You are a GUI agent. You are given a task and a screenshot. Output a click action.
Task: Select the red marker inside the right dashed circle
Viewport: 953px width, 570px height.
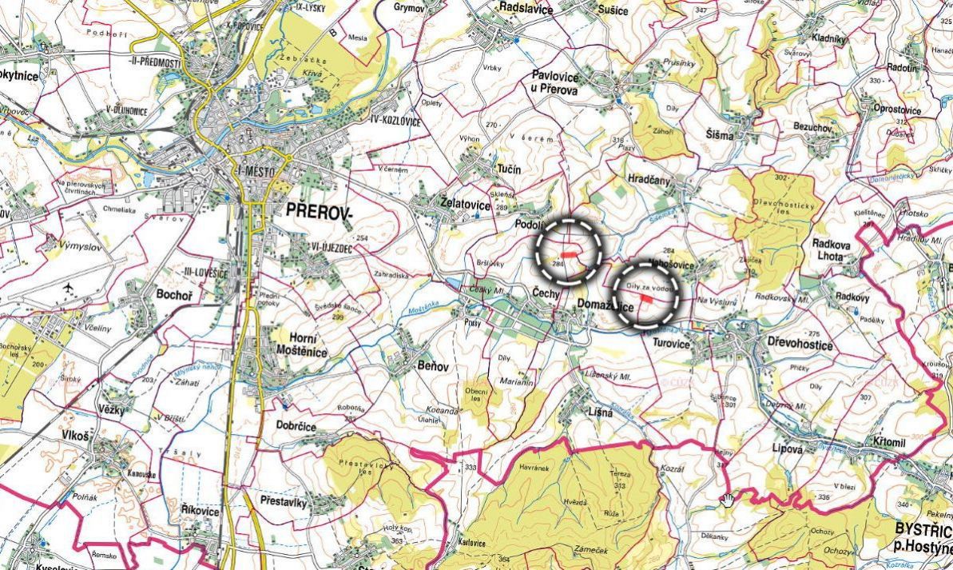coord(645,296)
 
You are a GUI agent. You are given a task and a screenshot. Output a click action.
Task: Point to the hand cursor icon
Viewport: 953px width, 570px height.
coord(727,500)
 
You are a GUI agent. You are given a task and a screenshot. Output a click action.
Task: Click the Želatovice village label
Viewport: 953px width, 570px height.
coord(465,204)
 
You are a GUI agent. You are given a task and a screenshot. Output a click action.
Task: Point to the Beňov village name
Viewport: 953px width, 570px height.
coord(433,366)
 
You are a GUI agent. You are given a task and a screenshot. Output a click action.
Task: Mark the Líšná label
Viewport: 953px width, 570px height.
coord(599,413)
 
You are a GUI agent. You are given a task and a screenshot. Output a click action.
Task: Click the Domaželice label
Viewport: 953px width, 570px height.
coord(606,305)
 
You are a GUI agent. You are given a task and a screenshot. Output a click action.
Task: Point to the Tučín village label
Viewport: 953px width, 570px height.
coord(508,169)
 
